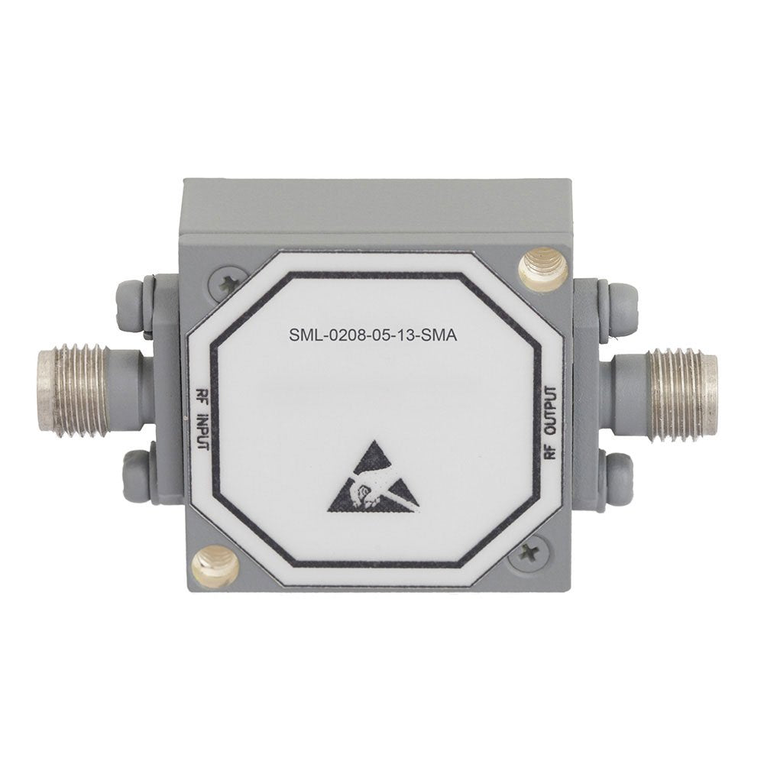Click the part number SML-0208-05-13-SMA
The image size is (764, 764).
click(x=374, y=335)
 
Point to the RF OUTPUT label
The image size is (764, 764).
click(x=550, y=423)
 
